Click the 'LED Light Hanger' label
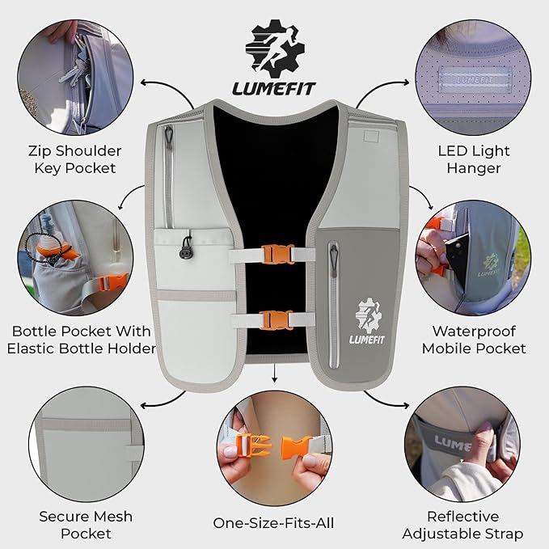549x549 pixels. pyautogui.click(x=469, y=159)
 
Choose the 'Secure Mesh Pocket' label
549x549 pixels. pyautogui.click(x=86, y=525)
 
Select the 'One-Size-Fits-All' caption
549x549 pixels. pyautogui.click(x=273, y=523)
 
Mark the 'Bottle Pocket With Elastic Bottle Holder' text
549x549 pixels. pyautogui.click(x=82, y=340)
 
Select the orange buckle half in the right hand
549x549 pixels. pyautogui.click(x=298, y=449)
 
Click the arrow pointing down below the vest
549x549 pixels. pyautogui.click(x=275, y=374)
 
